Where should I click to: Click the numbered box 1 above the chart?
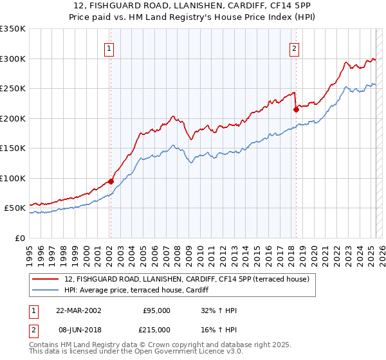(x=109, y=48)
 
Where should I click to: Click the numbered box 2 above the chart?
(x=294, y=48)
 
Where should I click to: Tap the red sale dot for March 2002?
(x=111, y=181)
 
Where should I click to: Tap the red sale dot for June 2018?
(x=296, y=109)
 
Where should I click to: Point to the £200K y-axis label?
(x=13, y=118)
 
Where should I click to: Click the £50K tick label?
(x=15, y=208)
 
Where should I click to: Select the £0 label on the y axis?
(x=21, y=238)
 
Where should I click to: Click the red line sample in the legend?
(x=46, y=278)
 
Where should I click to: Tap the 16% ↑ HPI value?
(x=219, y=328)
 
